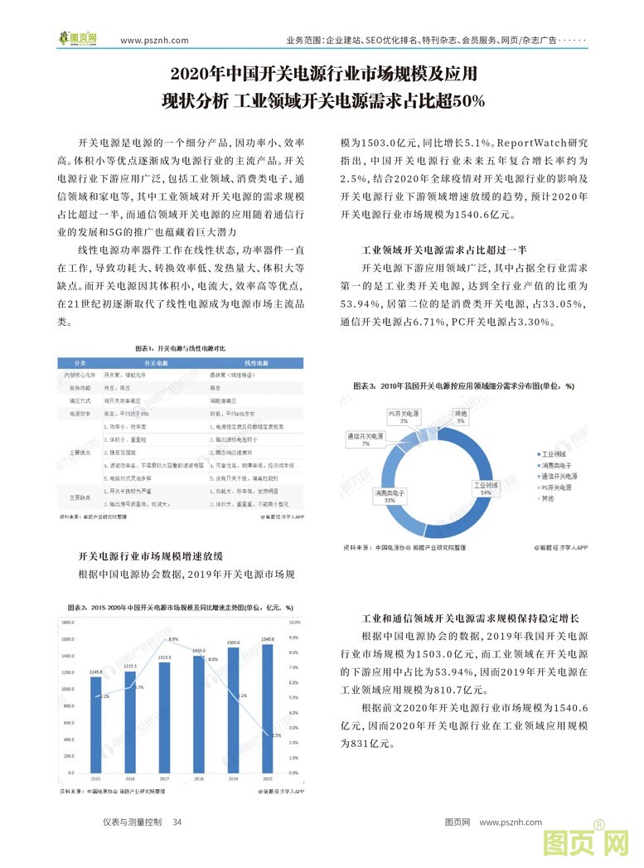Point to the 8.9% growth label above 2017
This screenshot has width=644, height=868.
[172, 639]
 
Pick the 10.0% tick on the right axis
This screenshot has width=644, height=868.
[293, 621]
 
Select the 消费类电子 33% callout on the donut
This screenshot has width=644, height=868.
[388, 496]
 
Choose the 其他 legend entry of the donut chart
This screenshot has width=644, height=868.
[546, 498]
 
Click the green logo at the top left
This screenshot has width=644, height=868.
[78, 38]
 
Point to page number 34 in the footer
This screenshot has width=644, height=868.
[177, 822]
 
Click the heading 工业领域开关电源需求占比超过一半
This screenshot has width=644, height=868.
[451, 249]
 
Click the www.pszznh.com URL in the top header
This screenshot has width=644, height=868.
[154, 40]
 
